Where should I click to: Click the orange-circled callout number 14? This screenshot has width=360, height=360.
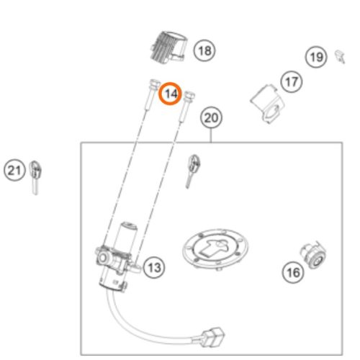tap(171, 94)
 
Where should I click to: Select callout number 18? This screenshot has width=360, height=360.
tap(204, 50)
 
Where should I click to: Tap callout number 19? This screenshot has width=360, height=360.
tap(316, 57)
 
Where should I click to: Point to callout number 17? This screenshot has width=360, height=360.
tap(292, 82)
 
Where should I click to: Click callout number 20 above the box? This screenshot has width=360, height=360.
tap(211, 117)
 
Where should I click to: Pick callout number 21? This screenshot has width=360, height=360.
tap(14, 171)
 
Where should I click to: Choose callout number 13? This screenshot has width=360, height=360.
tap(154, 267)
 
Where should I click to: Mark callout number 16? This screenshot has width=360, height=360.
tap(293, 272)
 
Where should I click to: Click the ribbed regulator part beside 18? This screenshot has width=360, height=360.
tap(168, 48)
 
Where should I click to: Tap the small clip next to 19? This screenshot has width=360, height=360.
tap(340, 57)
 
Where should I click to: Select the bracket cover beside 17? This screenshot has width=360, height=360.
tap(267, 104)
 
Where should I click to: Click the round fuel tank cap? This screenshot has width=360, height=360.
tap(215, 249)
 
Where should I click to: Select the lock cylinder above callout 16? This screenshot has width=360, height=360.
tap(313, 255)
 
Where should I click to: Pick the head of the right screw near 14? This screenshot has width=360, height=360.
tap(189, 95)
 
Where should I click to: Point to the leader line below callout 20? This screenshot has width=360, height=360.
tap(211, 135)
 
